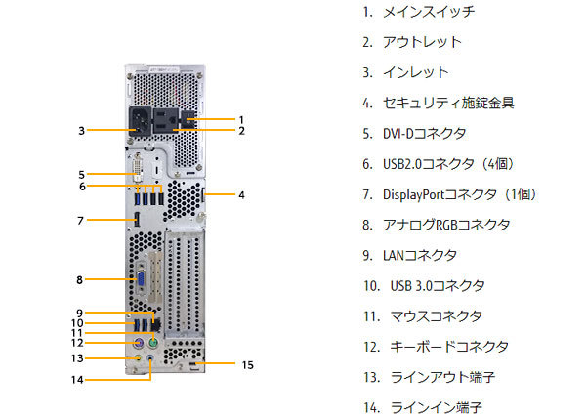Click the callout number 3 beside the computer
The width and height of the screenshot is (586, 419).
(x=83, y=129)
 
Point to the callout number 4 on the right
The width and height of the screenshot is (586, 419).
(x=241, y=194)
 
